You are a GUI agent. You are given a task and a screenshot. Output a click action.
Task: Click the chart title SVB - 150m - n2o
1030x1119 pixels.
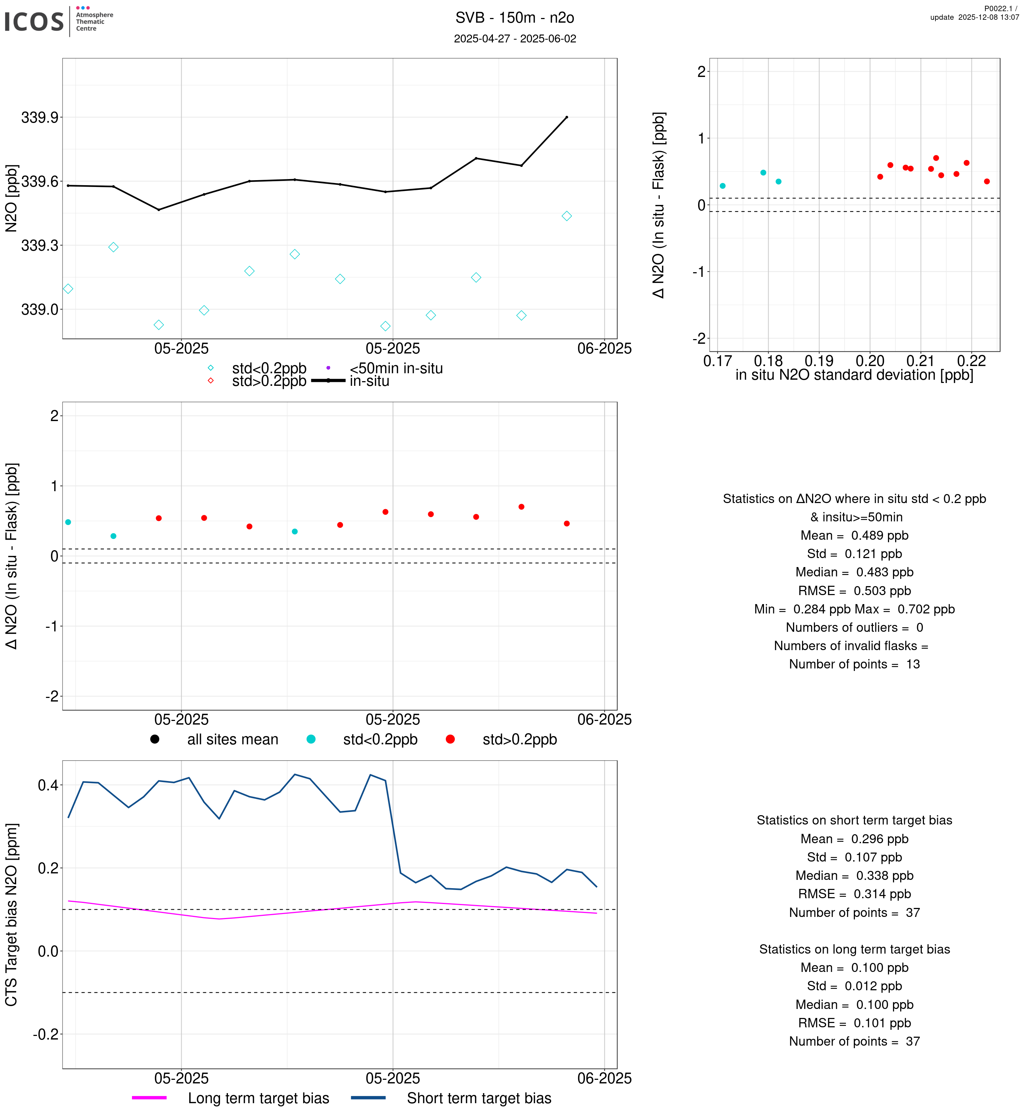(x=514, y=18)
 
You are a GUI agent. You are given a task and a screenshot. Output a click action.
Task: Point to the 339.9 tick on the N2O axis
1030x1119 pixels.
(x=40, y=118)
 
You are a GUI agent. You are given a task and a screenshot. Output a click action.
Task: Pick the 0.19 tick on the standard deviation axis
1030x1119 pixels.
(x=819, y=361)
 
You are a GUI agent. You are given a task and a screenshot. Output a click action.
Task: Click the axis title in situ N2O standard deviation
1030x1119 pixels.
(x=854, y=375)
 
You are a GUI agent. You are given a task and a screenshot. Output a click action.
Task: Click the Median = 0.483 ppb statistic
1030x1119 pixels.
(x=854, y=572)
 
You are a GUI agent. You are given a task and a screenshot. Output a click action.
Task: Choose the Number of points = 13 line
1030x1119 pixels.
(x=854, y=664)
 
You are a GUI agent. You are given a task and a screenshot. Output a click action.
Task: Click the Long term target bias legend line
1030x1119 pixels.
(x=149, y=1099)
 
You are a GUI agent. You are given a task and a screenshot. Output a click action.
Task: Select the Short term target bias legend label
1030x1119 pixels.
(x=479, y=1099)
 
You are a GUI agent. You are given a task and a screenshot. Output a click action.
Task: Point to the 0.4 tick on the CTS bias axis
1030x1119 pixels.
(x=47, y=786)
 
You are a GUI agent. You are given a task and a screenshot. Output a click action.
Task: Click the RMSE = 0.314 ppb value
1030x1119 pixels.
(x=854, y=894)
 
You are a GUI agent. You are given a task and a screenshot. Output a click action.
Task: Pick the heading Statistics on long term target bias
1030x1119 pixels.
(x=854, y=950)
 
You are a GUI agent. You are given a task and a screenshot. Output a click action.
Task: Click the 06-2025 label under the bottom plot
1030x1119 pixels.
(x=604, y=1078)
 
